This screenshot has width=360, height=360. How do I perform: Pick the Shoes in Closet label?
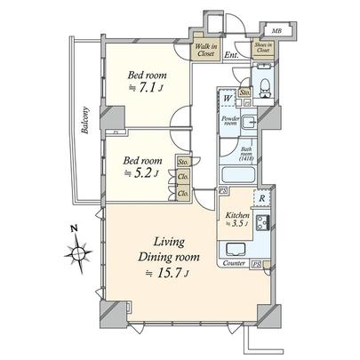coord(262,50)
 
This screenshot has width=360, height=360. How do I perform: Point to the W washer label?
coord(228,97)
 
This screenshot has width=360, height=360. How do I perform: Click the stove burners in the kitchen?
coord(263,222)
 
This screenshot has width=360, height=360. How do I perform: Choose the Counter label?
coord(235,264)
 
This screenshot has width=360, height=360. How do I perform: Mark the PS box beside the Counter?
coord(256,264)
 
